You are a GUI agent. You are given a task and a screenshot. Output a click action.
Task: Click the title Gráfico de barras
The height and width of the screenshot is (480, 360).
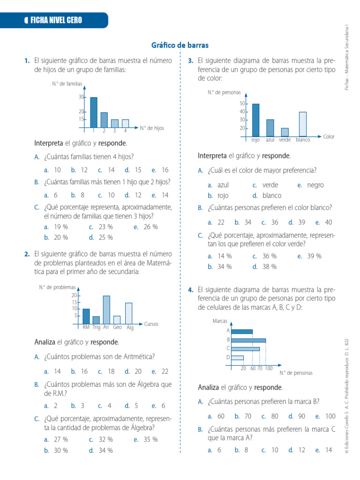(x=180, y=45)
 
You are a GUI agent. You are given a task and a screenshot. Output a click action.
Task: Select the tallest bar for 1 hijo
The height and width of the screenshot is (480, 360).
(x=94, y=112)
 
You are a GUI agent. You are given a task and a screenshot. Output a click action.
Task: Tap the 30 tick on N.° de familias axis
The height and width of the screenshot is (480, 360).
(x=81, y=97)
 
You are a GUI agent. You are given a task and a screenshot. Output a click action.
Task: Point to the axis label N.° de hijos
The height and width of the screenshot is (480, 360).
(x=152, y=127)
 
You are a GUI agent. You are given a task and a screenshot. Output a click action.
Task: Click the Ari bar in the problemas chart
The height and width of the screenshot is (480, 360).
(x=106, y=309)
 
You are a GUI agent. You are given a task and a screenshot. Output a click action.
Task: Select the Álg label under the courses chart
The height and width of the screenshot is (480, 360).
(x=130, y=328)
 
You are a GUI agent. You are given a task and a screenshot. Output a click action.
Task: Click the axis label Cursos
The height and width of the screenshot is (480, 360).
(x=152, y=324)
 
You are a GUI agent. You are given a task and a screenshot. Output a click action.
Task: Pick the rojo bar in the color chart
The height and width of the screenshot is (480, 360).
(x=255, y=120)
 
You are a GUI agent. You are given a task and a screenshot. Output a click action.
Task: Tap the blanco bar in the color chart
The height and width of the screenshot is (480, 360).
(x=303, y=124)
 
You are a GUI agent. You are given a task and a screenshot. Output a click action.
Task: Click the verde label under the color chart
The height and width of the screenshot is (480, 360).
(x=285, y=140)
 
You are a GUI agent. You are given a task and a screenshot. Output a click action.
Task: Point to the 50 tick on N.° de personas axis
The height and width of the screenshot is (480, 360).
(x=242, y=104)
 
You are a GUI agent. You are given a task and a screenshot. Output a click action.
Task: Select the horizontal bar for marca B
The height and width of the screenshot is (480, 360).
(x=248, y=340)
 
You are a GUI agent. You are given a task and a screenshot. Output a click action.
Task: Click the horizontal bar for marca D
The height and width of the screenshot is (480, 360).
(x=237, y=358)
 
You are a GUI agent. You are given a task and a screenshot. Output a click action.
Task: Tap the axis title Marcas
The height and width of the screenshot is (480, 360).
(x=220, y=321)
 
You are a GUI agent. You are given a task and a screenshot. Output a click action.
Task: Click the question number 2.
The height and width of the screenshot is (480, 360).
(x=27, y=254)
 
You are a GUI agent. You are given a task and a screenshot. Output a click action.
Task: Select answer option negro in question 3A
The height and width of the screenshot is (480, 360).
(x=315, y=185)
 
